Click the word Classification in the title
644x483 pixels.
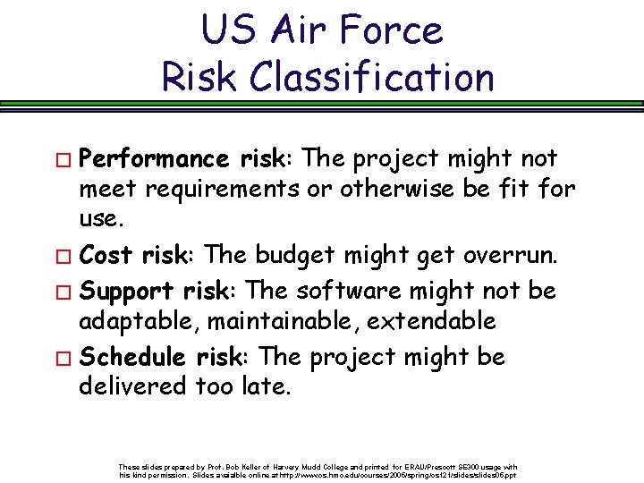click(x=372, y=77)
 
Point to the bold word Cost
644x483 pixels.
click(x=106, y=256)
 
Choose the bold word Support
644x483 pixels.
click(x=126, y=291)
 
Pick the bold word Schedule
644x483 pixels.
click(x=132, y=357)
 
